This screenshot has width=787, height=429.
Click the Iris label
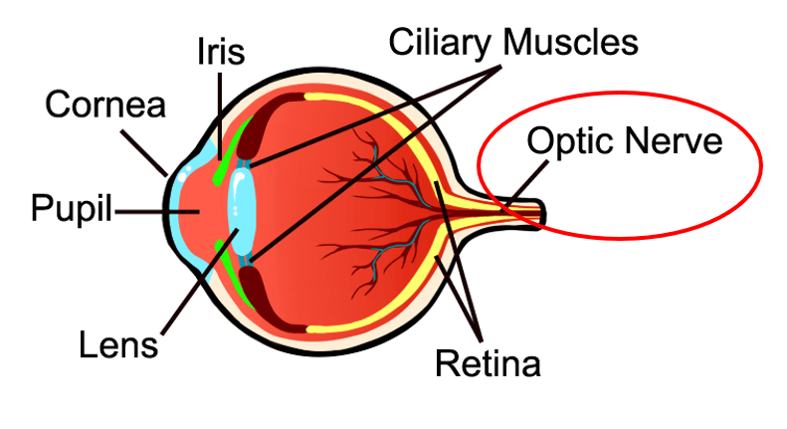click(x=221, y=51)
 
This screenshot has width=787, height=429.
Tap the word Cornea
click(x=105, y=105)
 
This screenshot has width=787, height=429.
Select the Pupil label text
click(x=71, y=208)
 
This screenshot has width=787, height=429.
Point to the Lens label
click(x=118, y=345)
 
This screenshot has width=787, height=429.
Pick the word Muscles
click(x=570, y=41)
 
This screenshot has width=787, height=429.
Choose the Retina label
click(x=488, y=363)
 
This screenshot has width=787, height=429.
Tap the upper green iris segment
click(x=233, y=150)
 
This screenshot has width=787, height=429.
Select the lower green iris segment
click(x=234, y=274)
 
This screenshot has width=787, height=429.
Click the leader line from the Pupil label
click(x=157, y=212)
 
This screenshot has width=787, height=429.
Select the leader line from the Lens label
click(x=199, y=282)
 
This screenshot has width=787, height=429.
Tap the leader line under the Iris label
click(x=220, y=116)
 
